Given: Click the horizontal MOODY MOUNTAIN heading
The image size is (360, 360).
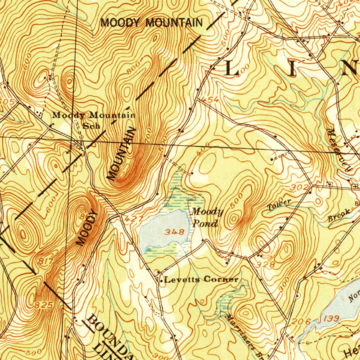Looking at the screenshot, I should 152,23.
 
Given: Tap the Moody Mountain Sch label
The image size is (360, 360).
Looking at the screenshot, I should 94,120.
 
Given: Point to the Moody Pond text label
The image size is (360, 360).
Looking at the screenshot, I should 207,218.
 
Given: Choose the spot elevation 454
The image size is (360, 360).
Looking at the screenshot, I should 211,101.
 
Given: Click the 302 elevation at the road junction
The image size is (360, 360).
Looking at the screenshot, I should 300,188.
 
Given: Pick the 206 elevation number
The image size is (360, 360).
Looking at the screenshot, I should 301,321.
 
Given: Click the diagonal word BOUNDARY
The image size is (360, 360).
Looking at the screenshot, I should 109,335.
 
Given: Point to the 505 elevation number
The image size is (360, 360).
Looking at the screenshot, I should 7,102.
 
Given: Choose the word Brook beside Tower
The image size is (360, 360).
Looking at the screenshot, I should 339,215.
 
